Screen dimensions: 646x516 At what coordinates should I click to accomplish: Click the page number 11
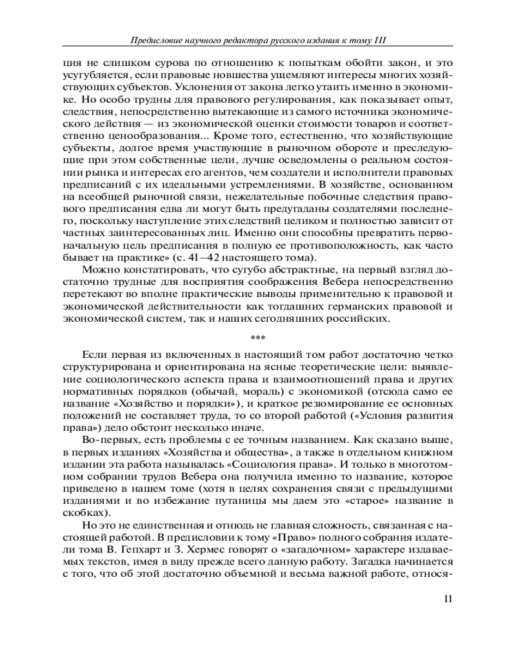(448, 598)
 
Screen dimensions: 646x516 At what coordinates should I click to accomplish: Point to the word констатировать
(169, 270)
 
